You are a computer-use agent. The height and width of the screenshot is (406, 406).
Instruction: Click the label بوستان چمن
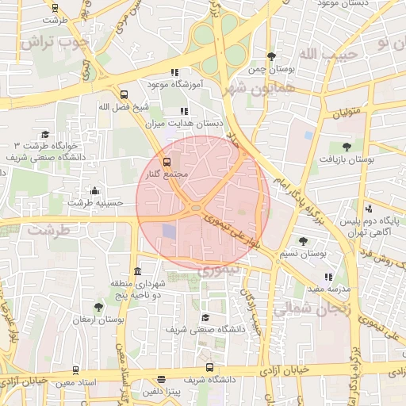pos(272,70)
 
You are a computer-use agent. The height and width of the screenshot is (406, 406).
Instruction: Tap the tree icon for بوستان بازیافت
pos(346,146)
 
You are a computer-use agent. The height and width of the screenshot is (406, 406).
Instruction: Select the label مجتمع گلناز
pos(167,174)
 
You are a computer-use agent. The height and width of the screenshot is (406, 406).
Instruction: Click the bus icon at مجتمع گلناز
pos(166,162)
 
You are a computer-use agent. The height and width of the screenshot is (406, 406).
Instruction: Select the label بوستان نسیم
pos(304,254)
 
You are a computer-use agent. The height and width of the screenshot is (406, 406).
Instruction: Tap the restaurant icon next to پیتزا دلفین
pos(162,380)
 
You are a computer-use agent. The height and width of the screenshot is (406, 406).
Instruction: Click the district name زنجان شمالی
pos(317,310)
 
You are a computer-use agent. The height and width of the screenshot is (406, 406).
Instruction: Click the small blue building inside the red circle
pos(170,232)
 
